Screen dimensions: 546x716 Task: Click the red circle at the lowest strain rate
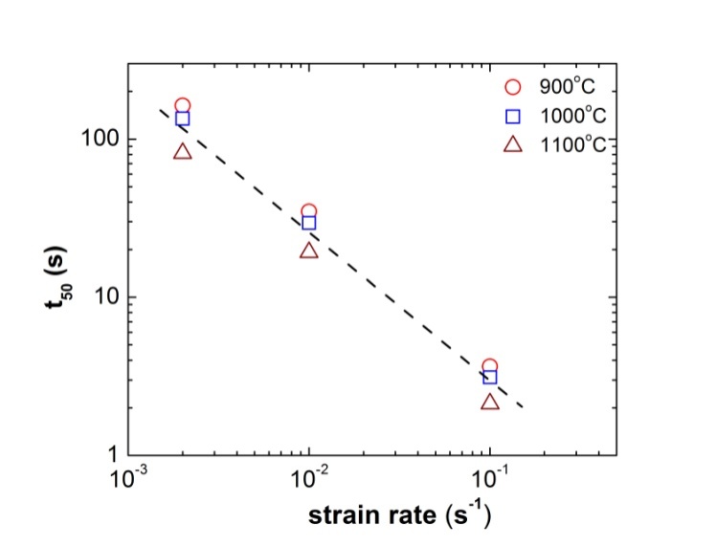[183, 105]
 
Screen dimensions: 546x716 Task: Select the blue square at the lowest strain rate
[183, 120]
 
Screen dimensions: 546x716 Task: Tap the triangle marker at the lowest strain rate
[183, 151]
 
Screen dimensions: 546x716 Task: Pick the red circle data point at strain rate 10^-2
[308, 211]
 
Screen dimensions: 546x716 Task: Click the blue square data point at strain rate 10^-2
[308, 223]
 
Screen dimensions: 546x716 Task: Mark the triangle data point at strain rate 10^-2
[308, 250]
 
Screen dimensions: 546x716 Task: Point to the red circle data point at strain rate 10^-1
[489, 366]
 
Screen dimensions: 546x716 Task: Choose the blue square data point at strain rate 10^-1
[489, 377]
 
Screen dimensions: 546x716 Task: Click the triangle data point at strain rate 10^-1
[489, 402]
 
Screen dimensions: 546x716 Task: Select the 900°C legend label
[565, 88]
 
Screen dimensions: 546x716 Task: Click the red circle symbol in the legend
[512, 88]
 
